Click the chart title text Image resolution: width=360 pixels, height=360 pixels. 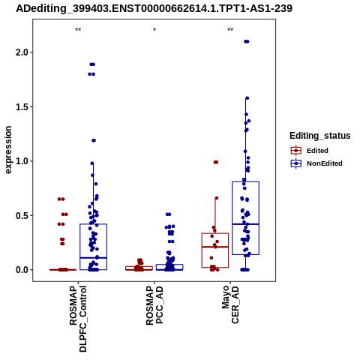pyautogui.click(x=154, y=8)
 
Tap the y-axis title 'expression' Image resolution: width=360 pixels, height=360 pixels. pyautogui.click(x=8, y=150)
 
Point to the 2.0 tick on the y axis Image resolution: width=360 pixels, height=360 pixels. pyautogui.click(x=21, y=52)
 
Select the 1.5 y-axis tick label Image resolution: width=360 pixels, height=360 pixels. pyautogui.click(x=21, y=106)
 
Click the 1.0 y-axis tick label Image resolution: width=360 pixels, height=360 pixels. pyautogui.click(x=21, y=161)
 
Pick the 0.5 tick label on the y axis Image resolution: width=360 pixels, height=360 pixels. pyautogui.click(x=21, y=215)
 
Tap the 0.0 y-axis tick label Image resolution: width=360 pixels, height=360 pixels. pyautogui.click(x=21, y=270)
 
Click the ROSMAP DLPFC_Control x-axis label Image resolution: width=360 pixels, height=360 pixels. pyautogui.click(x=78, y=319)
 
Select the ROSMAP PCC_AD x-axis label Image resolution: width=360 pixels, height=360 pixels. pyautogui.click(x=154, y=305)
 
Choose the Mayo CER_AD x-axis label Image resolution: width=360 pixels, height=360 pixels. pyautogui.click(x=230, y=304)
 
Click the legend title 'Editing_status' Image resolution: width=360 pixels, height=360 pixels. pyautogui.click(x=320, y=136)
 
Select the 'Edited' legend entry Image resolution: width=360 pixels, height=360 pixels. pyautogui.click(x=310, y=151)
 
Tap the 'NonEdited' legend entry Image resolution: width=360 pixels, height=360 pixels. pyautogui.click(x=316, y=163)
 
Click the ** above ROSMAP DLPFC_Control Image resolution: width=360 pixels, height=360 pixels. pyautogui.click(x=78, y=30)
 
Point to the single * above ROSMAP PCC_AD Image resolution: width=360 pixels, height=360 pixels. pyautogui.click(x=154, y=30)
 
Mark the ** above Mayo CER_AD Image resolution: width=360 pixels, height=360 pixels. pyautogui.click(x=230, y=30)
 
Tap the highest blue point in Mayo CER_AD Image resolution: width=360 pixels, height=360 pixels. pyautogui.click(x=247, y=41)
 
